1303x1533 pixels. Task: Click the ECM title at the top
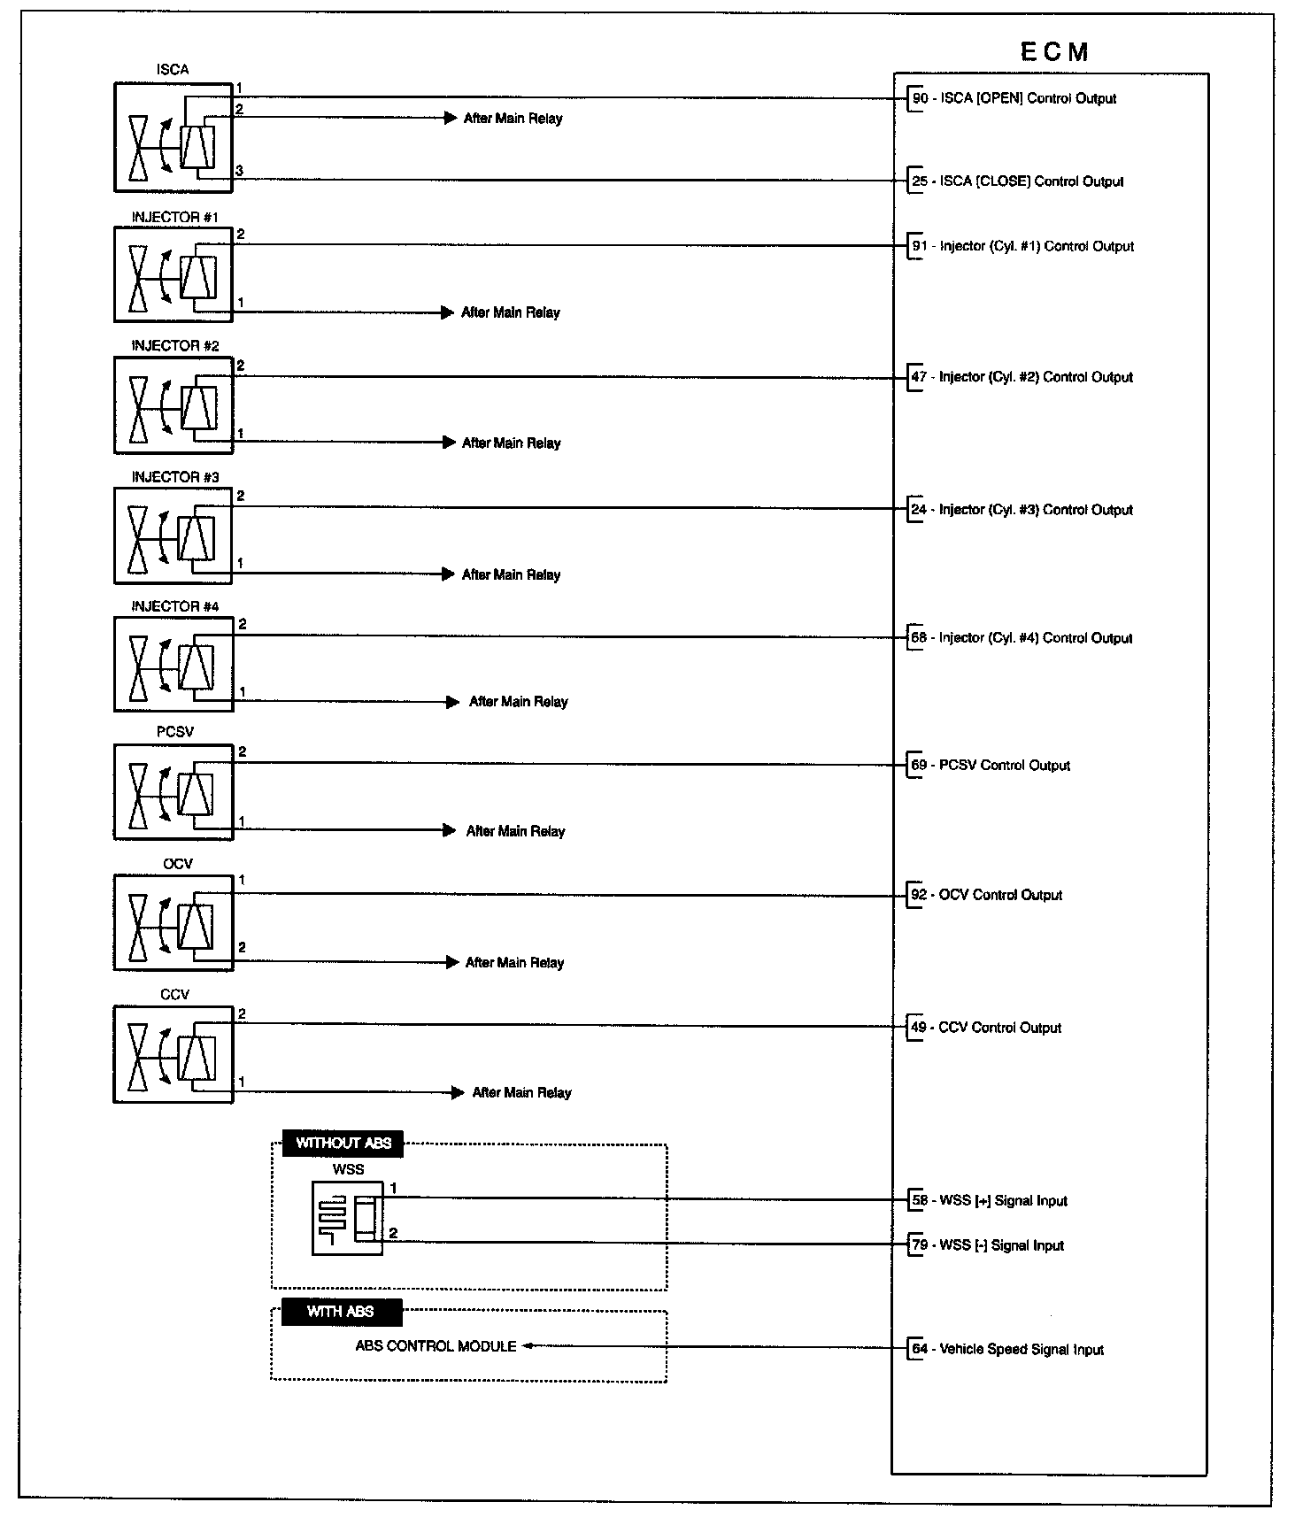click(x=1053, y=51)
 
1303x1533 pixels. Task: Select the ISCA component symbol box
click(x=173, y=137)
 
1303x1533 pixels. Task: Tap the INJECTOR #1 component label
click(x=174, y=217)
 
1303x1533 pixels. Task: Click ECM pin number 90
click(x=921, y=98)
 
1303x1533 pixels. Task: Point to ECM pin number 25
click(x=921, y=181)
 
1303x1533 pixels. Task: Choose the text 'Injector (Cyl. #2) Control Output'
click(x=1036, y=377)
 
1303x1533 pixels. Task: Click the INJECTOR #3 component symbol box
click(x=173, y=535)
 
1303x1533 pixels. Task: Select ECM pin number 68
click(x=920, y=638)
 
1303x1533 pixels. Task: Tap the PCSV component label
click(x=174, y=732)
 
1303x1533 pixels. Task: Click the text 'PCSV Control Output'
click(x=1005, y=766)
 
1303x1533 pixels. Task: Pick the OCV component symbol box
click(x=173, y=922)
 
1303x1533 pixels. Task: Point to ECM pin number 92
click(x=920, y=895)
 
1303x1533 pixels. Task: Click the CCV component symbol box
click(x=173, y=1054)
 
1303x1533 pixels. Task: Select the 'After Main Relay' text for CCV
click(x=521, y=1093)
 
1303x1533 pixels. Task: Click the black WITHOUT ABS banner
click(x=343, y=1143)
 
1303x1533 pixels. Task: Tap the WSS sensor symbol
click(x=347, y=1218)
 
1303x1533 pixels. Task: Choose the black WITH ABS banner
click(x=341, y=1312)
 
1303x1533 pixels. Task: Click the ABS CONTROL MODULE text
click(x=436, y=1346)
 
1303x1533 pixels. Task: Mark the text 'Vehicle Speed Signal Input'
click(x=1022, y=1350)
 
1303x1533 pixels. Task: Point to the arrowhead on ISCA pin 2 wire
click(x=451, y=118)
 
